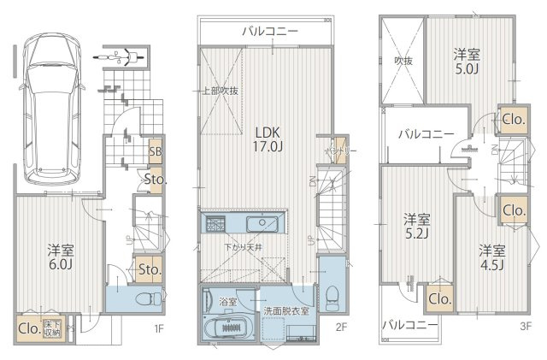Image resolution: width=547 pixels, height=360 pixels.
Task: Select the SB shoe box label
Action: coord(156,152)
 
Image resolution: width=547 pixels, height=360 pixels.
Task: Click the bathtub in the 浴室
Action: coord(229,326)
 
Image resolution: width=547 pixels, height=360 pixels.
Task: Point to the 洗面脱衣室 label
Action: coord(286,310)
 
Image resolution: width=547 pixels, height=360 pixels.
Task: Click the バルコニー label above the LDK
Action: coord(269,31)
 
